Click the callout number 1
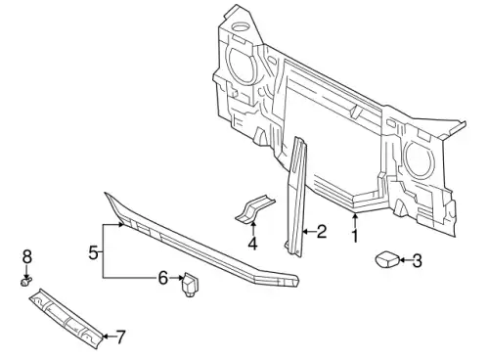[355, 236]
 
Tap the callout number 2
[321, 231]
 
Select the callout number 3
[417, 261]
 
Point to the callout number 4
[252, 244]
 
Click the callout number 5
[94, 252]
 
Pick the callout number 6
[163, 278]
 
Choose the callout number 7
[120, 337]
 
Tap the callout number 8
[27, 256]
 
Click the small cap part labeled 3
[387, 259]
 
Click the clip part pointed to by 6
[190, 284]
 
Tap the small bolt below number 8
[26, 281]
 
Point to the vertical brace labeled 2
[296, 196]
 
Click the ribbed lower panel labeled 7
[67, 318]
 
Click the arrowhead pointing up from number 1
[355, 215]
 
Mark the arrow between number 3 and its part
[405, 260]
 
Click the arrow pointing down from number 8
[27, 270]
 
